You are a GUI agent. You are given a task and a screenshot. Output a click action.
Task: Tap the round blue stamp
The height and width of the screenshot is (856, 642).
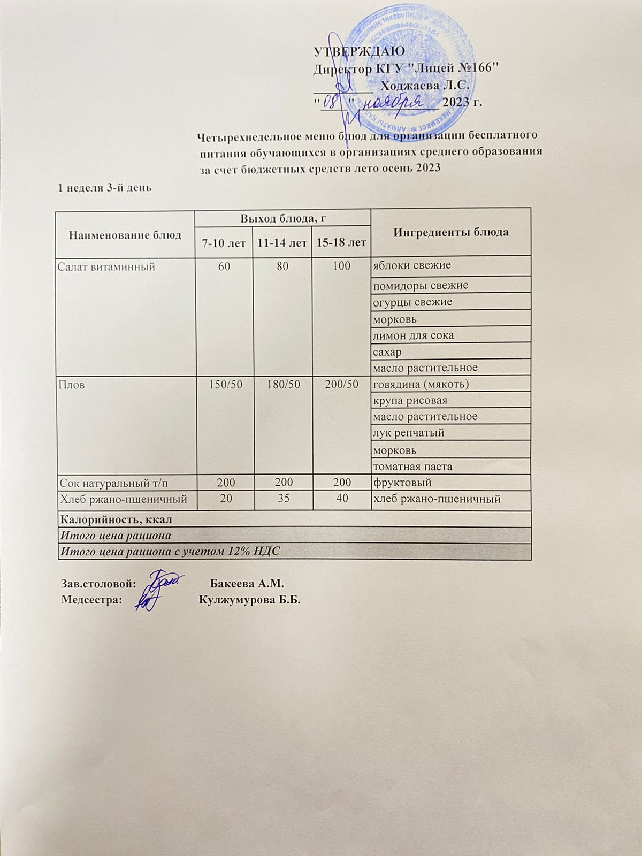click(x=407, y=75)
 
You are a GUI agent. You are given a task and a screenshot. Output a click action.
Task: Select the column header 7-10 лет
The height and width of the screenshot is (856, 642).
click(x=223, y=243)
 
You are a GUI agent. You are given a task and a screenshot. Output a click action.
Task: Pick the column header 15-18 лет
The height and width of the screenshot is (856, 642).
click(x=341, y=243)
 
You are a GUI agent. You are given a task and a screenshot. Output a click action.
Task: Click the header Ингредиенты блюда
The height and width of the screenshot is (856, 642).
click(x=450, y=232)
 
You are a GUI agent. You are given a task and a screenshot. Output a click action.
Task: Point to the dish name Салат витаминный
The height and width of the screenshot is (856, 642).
click(x=106, y=266)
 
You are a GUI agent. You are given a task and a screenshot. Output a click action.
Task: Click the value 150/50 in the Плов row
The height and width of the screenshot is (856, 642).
click(x=223, y=384)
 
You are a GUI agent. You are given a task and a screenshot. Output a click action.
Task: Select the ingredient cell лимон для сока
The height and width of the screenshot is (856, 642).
click(x=414, y=335)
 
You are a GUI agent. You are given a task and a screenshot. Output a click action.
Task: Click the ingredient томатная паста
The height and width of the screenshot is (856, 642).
click(x=412, y=466)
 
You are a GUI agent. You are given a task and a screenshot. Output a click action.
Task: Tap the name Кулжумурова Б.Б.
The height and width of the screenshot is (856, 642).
click(x=249, y=600)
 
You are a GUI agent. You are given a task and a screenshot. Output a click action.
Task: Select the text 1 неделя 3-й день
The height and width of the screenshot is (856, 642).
click(x=105, y=187)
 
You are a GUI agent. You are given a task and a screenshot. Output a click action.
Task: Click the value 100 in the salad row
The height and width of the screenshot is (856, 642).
click(x=341, y=266)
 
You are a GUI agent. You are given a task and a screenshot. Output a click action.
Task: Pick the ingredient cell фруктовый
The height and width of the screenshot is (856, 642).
click(x=402, y=483)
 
